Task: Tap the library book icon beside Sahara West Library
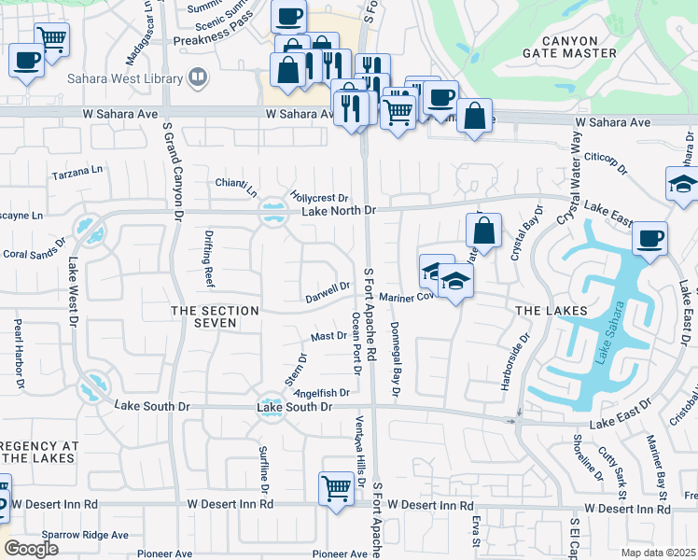click(x=197, y=77)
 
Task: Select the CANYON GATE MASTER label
click(x=557, y=46)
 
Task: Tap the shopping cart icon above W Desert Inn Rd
click(x=336, y=486)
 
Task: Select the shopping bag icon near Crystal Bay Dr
click(x=484, y=231)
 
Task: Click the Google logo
click(x=31, y=548)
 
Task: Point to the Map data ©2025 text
click(x=658, y=553)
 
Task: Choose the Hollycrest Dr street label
click(x=318, y=198)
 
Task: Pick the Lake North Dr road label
click(x=338, y=212)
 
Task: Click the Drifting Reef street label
click(x=208, y=262)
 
